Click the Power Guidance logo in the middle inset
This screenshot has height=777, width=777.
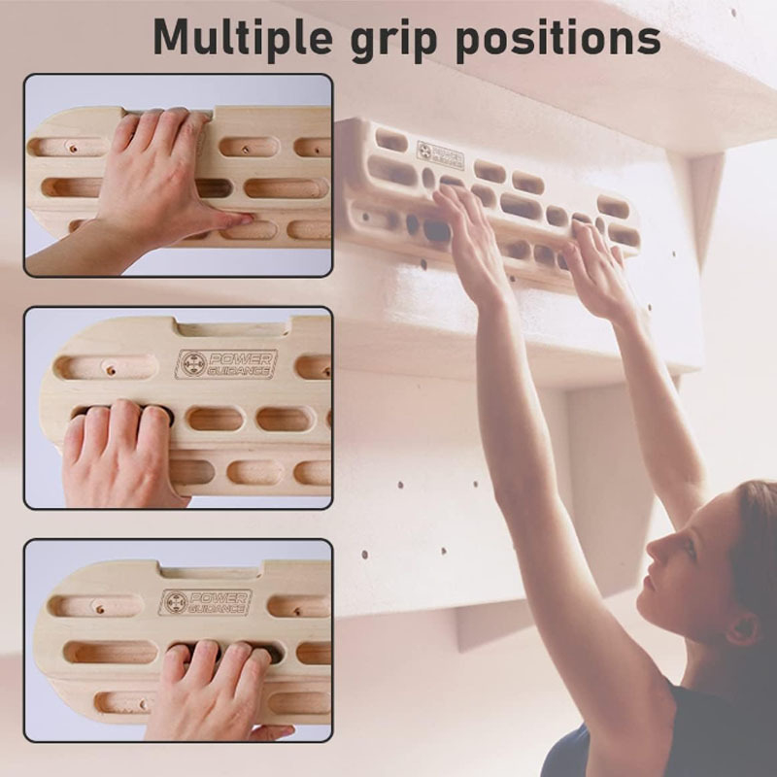[x=226, y=364]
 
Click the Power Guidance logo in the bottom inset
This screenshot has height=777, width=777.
[x=205, y=602]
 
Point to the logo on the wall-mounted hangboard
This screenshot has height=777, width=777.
[x=440, y=154]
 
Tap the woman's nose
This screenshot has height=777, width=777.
[x=655, y=549]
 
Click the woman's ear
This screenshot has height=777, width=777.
[x=744, y=626]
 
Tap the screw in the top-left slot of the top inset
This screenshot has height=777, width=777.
[x=74, y=149]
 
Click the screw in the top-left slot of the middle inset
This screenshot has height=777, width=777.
[x=111, y=370]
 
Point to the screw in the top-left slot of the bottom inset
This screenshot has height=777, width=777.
[x=100, y=609]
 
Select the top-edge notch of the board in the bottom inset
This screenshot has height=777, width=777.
[x=212, y=570]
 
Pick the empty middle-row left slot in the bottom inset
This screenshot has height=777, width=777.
[x=111, y=652]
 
